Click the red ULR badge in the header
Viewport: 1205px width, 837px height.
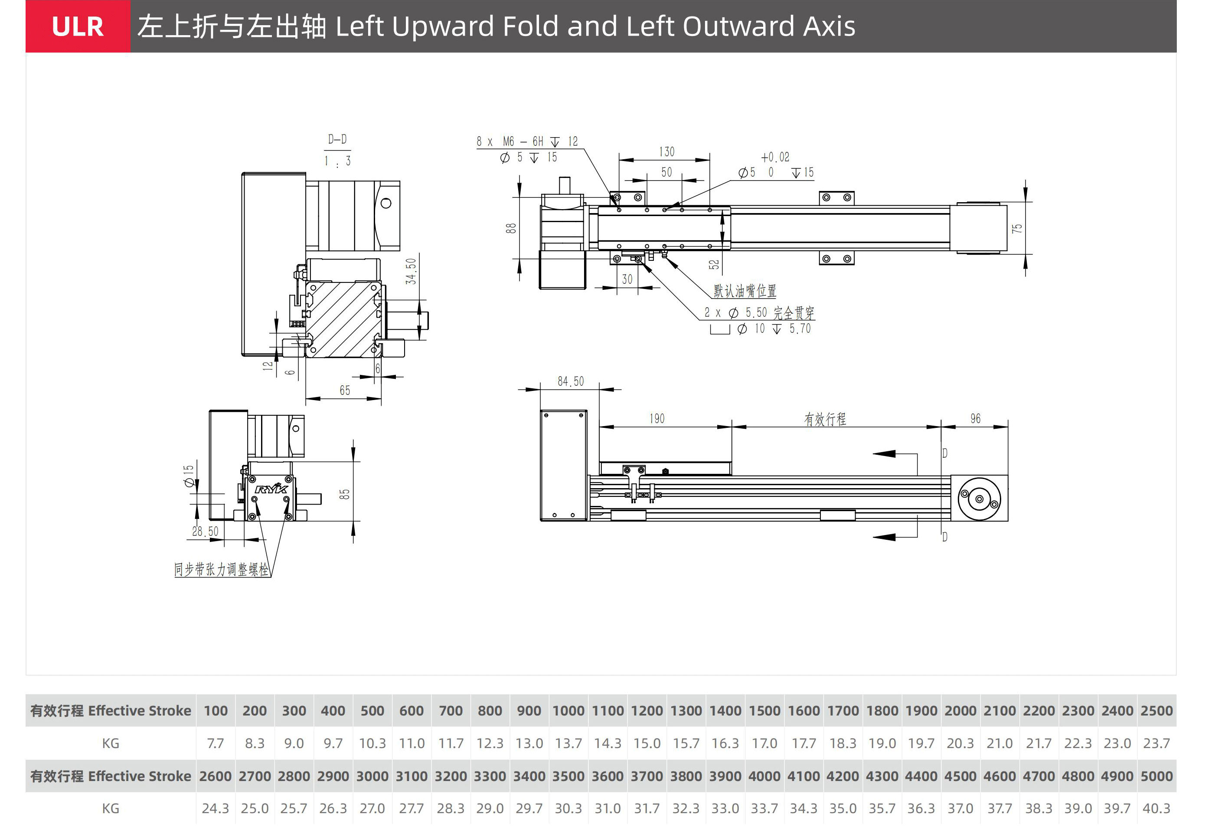78,26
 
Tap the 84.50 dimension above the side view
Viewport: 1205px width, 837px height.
570,381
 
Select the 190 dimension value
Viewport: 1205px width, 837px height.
657,418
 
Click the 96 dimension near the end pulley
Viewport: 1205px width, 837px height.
975,418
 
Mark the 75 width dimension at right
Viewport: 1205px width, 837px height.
1017,229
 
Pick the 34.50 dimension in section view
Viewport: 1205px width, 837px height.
411,271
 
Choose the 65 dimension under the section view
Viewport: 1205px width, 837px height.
344,390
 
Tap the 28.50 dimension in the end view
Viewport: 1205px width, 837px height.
205,531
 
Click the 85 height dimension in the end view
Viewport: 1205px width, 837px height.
344,494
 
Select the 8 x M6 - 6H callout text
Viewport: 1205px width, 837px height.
526,141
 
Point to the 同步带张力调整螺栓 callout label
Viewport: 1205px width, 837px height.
221,569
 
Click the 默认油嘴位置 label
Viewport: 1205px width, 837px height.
744,291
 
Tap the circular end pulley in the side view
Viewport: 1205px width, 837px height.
979,499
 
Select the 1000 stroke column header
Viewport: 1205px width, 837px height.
568,711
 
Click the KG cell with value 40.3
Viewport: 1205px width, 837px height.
1156,808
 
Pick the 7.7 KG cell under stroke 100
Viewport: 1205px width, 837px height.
216,743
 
